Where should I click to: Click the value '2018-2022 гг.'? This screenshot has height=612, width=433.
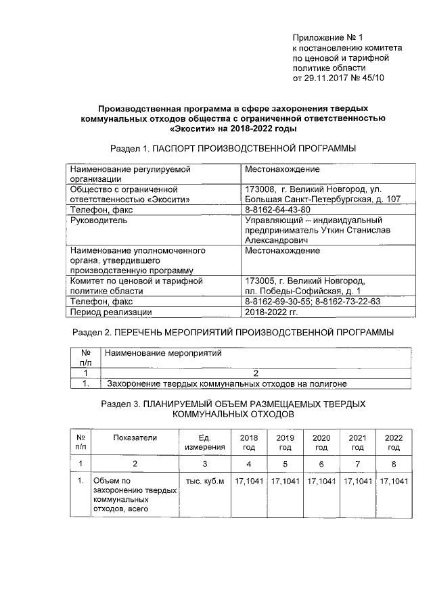point(271,312)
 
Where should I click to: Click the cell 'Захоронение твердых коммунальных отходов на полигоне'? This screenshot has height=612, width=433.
point(227,383)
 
